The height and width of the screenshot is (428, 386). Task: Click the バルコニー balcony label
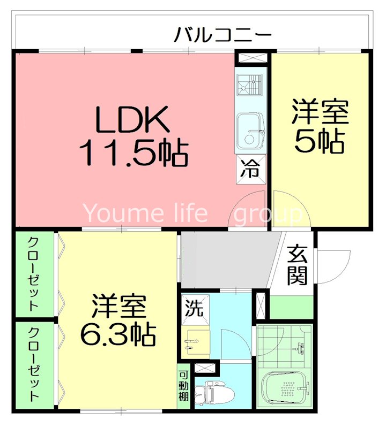point(222,36)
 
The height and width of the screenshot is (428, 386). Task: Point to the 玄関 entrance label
point(296,264)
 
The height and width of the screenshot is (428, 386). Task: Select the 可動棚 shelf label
point(184,386)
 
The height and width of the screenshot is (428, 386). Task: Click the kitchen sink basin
point(250,132)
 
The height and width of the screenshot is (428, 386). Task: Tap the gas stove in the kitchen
point(250,85)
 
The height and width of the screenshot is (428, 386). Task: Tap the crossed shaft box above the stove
point(250,58)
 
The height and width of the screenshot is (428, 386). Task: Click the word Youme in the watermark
point(116,213)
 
